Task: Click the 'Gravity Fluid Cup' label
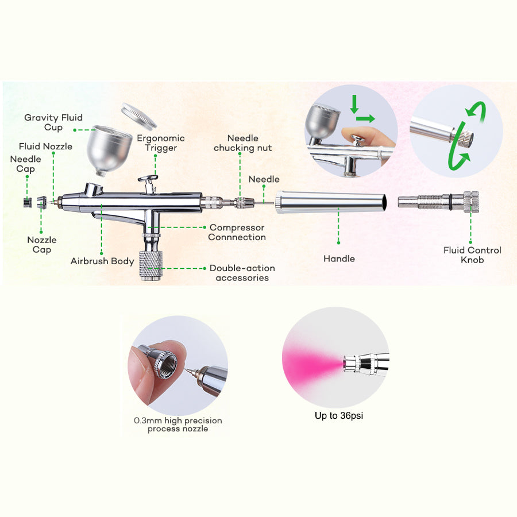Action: click(53, 122)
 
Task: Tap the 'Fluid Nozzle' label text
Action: click(45, 146)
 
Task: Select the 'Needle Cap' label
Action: click(25, 164)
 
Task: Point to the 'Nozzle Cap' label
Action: click(42, 245)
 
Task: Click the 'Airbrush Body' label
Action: click(102, 261)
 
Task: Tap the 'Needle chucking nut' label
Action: click(242, 143)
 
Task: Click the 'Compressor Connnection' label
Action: click(237, 233)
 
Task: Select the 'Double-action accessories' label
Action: click(242, 273)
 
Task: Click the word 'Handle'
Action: click(339, 259)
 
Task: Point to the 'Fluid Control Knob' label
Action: click(472, 254)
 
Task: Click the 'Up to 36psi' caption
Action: click(339, 415)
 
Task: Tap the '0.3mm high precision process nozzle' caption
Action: click(178, 425)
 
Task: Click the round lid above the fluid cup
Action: click(139, 117)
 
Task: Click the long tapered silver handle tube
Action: click(333, 202)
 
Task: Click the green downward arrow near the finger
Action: click(355, 105)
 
